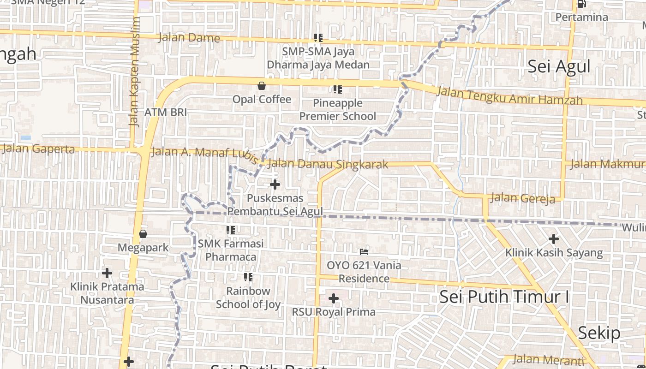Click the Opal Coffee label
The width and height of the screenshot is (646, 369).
[x=262, y=99]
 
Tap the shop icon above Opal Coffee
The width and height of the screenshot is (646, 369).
[x=262, y=86]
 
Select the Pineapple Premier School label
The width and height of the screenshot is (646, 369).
[x=338, y=109]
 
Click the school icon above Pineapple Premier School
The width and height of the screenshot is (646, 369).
[x=338, y=89]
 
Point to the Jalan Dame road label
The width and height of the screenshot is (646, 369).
[x=189, y=37]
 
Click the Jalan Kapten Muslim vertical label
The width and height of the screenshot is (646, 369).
[x=134, y=71]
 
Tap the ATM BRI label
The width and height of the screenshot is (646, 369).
[x=166, y=112]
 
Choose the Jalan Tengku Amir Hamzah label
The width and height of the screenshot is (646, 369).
[x=509, y=96]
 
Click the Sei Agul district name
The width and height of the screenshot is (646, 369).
[x=559, y=66]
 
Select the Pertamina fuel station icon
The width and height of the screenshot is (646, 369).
[x=581, y=4]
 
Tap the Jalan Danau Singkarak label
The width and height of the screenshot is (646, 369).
[x=328, y=164]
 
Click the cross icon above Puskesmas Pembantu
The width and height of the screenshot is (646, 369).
[x=275, y=184]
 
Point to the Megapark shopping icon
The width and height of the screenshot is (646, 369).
[x=143, y=234]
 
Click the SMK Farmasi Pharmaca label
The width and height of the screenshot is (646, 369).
[x=231, y=250]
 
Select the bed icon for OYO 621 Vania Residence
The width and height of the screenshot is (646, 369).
[x=364, y=252]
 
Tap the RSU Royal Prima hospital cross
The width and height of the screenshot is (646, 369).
[x=334, y=299]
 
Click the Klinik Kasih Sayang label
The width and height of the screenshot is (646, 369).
[x=554, y=252]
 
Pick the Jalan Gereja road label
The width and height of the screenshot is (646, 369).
[x=522, y=198]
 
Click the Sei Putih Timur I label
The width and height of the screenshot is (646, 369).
[x=504, y=297]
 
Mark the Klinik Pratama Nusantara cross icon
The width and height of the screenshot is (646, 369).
[x=107, y=273]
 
